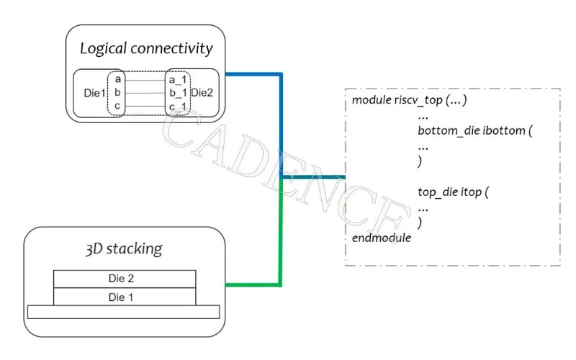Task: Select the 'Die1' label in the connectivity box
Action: tap(95, 93)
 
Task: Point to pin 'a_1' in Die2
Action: tap(177, 79)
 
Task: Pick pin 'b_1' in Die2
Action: tap(177, 93)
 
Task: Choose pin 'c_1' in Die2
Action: tap(177, 107)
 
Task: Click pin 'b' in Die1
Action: tap(117, 93)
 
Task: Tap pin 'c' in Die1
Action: tap(117, 107)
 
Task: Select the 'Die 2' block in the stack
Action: tap(125, 279)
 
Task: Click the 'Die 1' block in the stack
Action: tap(125, 296)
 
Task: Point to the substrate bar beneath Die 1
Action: tap(123, 311)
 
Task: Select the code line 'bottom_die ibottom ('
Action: tap(474, 132)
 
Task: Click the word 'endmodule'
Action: tap(382, 238)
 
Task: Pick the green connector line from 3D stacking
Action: tap(280, 245)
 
